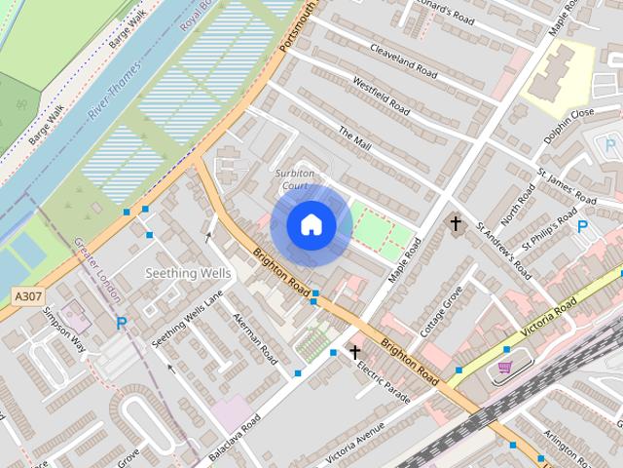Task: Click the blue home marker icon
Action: click(x=311, y=225)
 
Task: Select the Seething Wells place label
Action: click(x=187, y=273)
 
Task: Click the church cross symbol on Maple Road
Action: click(x=455, y=224)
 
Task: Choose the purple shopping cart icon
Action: click(x=504, y=367)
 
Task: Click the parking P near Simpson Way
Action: click(x=122, y=323)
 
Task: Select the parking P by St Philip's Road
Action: click(x=582, y=226)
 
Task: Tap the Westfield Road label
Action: click(x=381, y=97)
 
